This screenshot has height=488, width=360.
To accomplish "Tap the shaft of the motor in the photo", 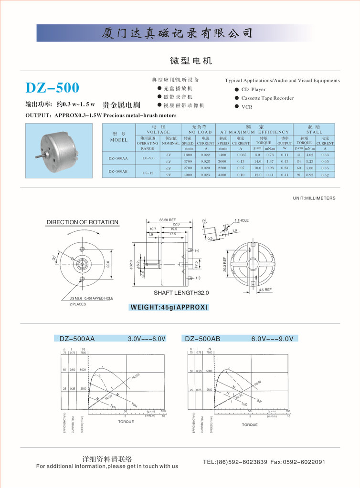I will point(38,156).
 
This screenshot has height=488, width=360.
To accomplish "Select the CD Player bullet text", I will point(253,90).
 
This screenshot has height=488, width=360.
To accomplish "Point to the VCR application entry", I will point(246,107).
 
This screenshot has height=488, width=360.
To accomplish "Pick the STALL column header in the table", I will point(314,132).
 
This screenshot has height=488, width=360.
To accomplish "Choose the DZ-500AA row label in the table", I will point(118,158).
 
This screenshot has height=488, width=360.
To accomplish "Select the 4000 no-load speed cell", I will point(188,175).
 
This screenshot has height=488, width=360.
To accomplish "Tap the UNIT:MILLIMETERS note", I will point(314,198).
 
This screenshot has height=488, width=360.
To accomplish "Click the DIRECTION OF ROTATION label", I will point(82,222).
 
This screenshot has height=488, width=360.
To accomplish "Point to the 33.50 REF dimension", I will point(168,220).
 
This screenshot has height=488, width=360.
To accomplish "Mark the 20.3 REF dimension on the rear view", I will point(225,264).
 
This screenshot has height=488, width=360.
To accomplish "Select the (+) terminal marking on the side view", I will point(197,250).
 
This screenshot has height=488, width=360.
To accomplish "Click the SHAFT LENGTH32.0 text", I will point(181,293).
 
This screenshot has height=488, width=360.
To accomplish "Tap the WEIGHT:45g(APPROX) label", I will point(169,307).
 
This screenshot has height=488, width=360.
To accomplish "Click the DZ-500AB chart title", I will point(202,339).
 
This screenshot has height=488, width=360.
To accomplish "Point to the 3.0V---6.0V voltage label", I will point(147,339).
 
